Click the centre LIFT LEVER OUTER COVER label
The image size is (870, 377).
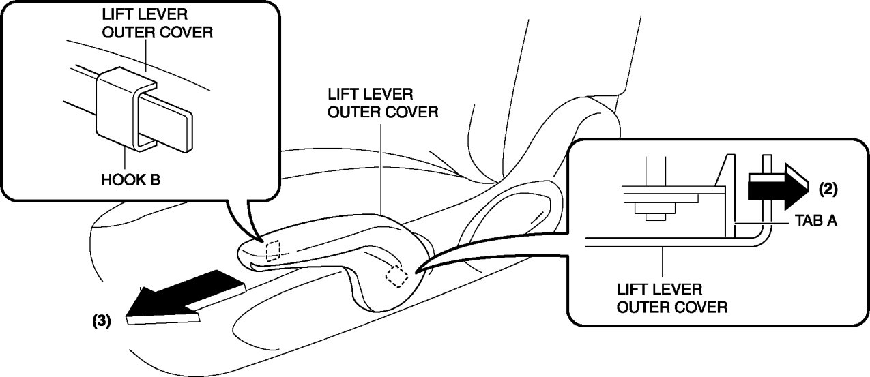tap(382, 103)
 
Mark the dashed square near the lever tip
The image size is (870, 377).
tap(273, 250)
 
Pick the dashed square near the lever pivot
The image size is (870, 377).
tap(396, 276)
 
